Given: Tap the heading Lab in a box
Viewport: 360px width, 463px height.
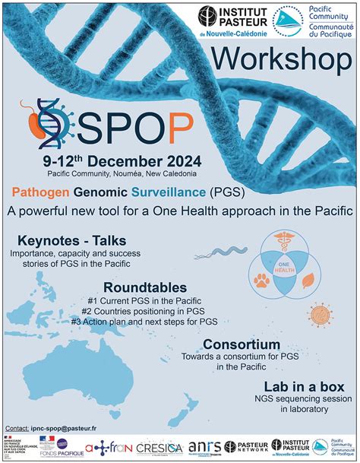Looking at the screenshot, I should pyautogui.click(x=304, y=386).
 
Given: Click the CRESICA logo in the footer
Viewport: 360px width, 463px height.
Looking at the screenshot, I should pyautogui.click(x=159, y=447).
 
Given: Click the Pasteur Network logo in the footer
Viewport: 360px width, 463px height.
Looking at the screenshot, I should pyautogui.click(x=246, y=446).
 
